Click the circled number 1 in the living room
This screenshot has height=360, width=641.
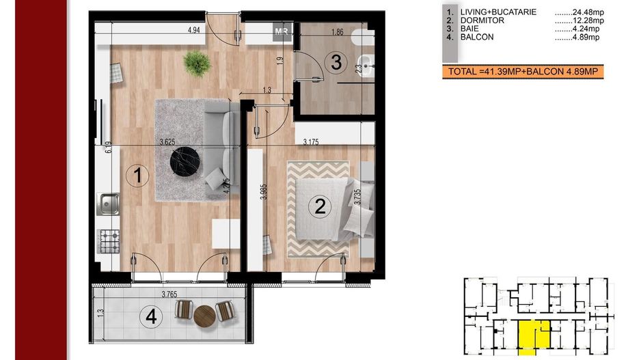point(137,176)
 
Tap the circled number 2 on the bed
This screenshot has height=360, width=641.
point(320,206)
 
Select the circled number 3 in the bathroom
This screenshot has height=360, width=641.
point(336,63)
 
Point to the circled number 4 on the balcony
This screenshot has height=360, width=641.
point(151,317)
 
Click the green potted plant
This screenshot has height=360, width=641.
point(197,64)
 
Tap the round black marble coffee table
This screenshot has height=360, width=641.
point(185,161)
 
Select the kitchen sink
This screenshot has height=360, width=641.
point(109,204)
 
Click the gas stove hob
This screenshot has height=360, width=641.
point(109,241)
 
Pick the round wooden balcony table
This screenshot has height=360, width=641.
point(204,316)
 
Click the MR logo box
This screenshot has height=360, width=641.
point(282,31)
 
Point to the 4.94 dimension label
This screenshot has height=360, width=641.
point(194,30)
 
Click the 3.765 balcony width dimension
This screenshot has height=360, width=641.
point(169,294)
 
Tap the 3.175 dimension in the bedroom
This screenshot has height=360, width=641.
point(311,142)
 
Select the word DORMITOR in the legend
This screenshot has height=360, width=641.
point(482,20)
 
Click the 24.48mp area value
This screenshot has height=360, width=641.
point(579,12)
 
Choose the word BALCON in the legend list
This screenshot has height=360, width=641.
point(477,37)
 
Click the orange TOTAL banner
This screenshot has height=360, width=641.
point(523,72)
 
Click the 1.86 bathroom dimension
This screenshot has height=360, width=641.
point(338,32)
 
